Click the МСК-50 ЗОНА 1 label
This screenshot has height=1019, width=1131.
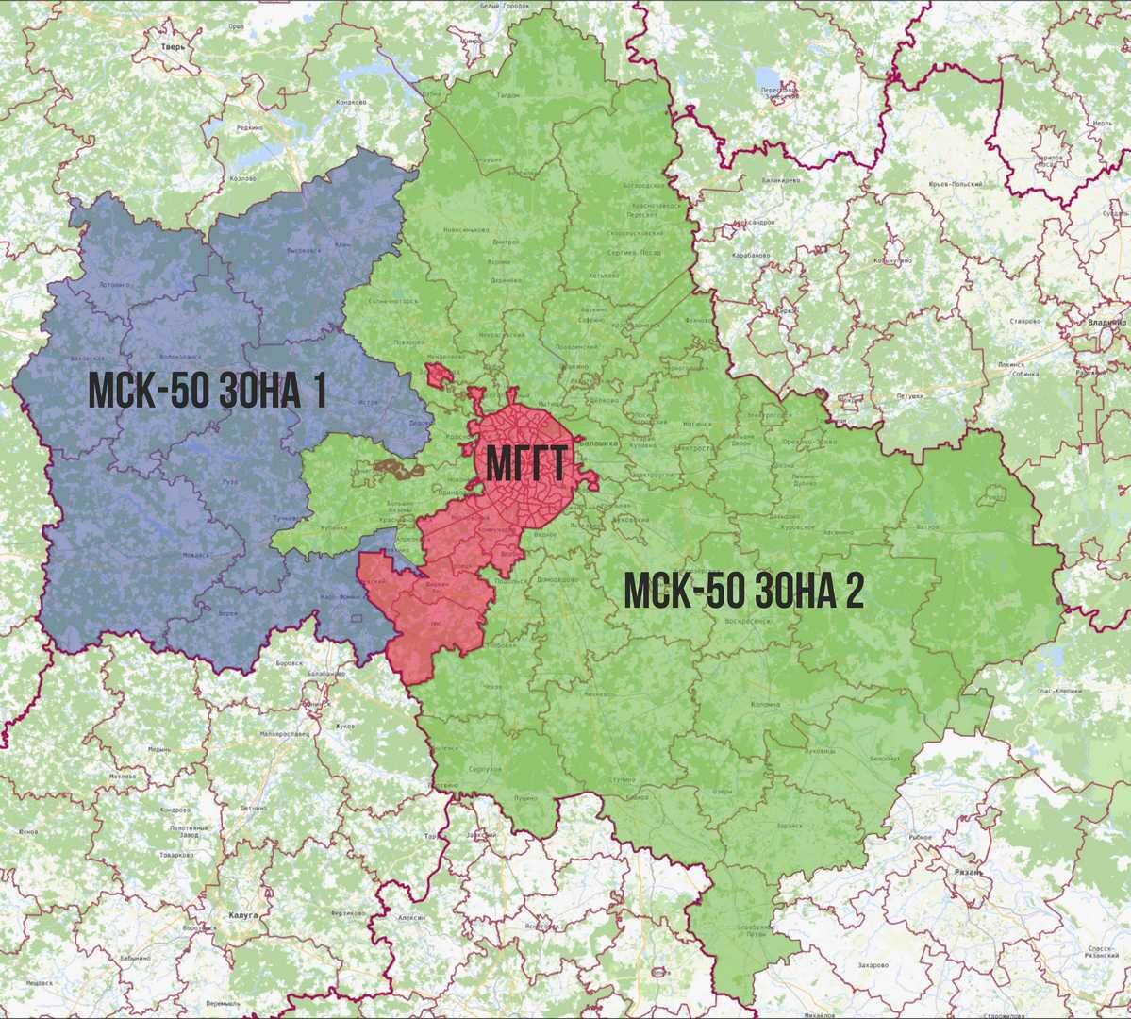pos(208,391)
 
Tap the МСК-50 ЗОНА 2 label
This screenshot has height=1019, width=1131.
pos(744,592)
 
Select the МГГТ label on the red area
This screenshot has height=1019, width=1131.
pos(525,464)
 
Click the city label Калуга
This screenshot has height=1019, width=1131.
pos(242,914)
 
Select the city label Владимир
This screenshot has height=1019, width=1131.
pos(1106,322)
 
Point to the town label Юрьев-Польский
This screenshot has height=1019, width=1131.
pos(956,184)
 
